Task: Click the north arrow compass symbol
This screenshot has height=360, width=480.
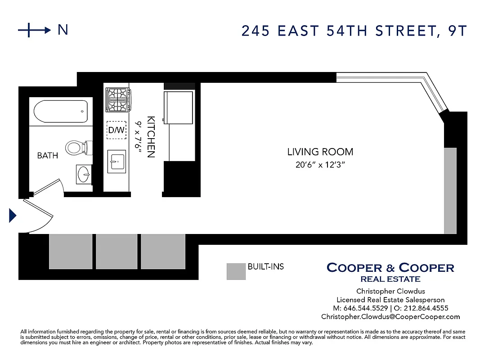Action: [34, 30]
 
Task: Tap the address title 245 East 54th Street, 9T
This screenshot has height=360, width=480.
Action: [354, 31]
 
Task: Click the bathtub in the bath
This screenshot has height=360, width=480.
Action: [60, 112]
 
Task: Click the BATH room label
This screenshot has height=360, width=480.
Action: [47, 156]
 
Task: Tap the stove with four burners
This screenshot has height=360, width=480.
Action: [118, 100]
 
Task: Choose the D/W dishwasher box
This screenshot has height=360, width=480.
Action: [116, 130]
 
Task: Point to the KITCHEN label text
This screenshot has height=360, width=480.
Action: [151, 137]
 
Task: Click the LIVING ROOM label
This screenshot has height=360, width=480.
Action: [320, 152]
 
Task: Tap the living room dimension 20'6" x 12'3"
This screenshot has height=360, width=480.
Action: [320, 165]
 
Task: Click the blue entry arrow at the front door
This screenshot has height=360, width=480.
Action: [13, 216]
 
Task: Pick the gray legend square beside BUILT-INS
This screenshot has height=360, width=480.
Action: [236, 271]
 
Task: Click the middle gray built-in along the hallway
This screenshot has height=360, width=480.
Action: [117, 251]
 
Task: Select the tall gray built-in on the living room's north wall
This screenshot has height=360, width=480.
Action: [450, 190]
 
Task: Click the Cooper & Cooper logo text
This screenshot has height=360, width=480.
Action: [390, 268]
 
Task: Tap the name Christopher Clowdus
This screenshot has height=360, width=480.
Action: [390, 291]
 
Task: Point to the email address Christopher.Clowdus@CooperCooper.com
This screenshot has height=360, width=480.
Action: [390, 317]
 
